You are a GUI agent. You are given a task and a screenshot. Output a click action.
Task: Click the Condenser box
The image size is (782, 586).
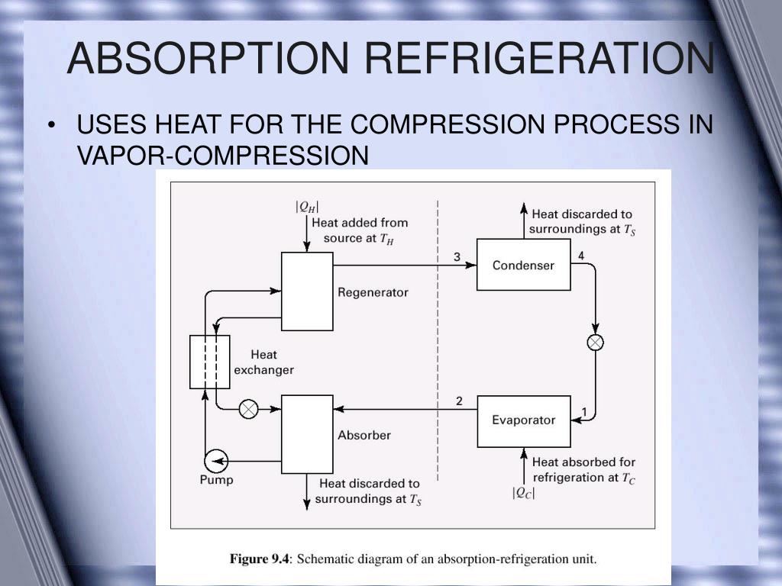point(523,265)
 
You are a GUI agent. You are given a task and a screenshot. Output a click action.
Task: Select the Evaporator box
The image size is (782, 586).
point(523,420)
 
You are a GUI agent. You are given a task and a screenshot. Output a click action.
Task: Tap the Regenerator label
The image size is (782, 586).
point(373,292)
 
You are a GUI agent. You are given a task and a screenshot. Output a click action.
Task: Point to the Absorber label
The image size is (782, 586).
point(364,435)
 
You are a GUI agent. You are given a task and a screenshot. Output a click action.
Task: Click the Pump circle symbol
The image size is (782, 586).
point(216,459)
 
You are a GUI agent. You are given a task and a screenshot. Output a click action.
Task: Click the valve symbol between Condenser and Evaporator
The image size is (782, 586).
point(595,342)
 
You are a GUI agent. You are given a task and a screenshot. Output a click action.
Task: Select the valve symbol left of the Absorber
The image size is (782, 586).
point(248,410)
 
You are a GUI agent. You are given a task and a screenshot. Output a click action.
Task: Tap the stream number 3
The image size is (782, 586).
point(457,256)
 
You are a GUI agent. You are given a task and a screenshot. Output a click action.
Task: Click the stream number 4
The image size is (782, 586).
point(581,256)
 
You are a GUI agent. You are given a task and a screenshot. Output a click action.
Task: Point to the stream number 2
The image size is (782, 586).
point(459,401)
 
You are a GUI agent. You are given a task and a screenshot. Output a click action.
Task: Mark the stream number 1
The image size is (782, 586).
point(584,413)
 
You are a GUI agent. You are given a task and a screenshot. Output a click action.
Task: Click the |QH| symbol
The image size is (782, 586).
point(307,206)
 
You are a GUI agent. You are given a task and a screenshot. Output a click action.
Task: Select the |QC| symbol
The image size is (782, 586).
point(523,493)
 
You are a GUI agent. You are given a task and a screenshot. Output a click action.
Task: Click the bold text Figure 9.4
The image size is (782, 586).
point(260,559)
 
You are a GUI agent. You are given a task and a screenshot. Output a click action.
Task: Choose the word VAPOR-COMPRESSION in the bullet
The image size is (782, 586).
point(223,156)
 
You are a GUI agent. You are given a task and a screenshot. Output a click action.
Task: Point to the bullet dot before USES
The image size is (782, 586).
point(52,125)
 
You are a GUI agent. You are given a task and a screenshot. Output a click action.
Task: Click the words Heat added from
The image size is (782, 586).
point(360,223)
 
